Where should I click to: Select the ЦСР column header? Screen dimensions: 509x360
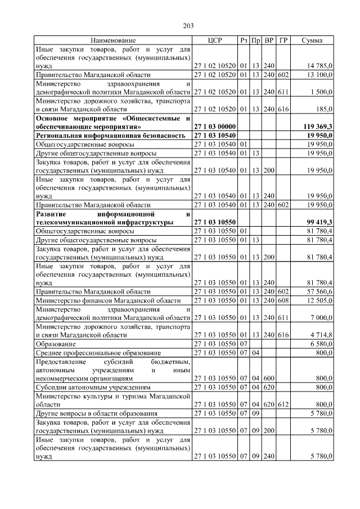pos(215,40)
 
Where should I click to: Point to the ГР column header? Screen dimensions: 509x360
pos(283,40)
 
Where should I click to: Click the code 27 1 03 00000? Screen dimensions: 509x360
pos(214,127)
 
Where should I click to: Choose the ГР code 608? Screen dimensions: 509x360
pos(283,300)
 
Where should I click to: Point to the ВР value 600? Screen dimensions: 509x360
pos(269,379)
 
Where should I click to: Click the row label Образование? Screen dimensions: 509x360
pos(54,343)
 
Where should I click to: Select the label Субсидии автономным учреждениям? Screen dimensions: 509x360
pos(93,387)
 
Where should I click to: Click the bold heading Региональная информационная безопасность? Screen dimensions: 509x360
pos(110,136)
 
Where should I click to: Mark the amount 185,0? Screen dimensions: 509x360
pos(325,110)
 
